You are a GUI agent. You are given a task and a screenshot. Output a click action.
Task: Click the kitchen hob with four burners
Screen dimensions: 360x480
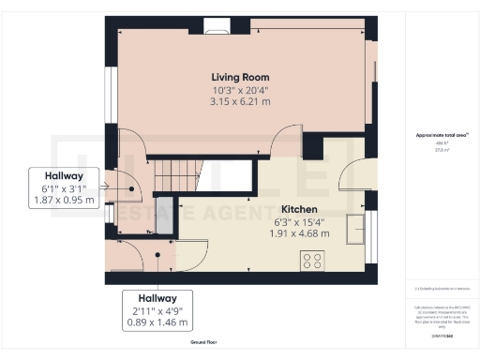coord(312,262)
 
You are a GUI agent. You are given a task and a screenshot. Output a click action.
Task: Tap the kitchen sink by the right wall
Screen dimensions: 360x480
coord(356,229)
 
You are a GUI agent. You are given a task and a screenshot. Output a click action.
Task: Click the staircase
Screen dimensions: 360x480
coord(178,171)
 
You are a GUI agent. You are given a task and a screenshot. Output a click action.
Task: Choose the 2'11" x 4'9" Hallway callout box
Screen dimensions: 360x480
coord(157,310)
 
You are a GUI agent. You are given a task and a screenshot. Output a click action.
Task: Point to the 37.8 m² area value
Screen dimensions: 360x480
coord(436,149)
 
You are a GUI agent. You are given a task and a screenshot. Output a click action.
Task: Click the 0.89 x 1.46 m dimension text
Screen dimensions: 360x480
coord(157,322)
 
